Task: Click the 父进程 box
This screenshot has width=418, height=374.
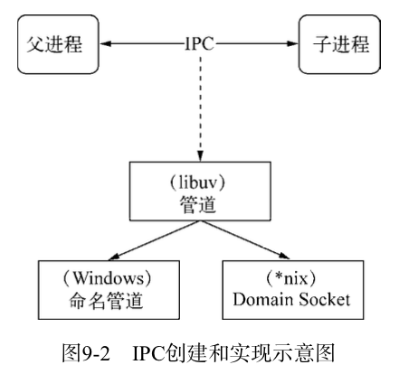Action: [x=58, y=44]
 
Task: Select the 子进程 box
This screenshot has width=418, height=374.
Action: [x=339, y=44]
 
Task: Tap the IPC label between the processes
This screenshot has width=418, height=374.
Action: [x=200, y=44]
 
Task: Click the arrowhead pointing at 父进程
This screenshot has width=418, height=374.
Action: [x=106, y=44]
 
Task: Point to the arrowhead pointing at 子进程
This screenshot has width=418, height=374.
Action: [x=292, y=44]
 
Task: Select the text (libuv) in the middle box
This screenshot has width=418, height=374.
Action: [x=198, y=182]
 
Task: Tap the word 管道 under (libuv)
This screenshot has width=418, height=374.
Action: [x=198, y=205]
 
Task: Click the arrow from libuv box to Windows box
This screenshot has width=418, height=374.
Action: [x=154, y=240]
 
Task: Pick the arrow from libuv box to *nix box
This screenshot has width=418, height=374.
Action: [x=244, y=240]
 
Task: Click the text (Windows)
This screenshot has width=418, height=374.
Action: [x=108, y=278]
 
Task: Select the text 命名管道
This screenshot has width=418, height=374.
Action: [x=106, y=301]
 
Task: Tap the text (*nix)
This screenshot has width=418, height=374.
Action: [x=291, y=278]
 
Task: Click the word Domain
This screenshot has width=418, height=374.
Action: [x=263, y=300]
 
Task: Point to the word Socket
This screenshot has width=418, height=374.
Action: [x=325, y=300]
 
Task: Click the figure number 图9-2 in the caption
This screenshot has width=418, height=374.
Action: [x=86, y=353]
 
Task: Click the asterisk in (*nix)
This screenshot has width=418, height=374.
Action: [x=280, y=276]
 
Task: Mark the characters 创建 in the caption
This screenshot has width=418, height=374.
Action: [x=185, y=353]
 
